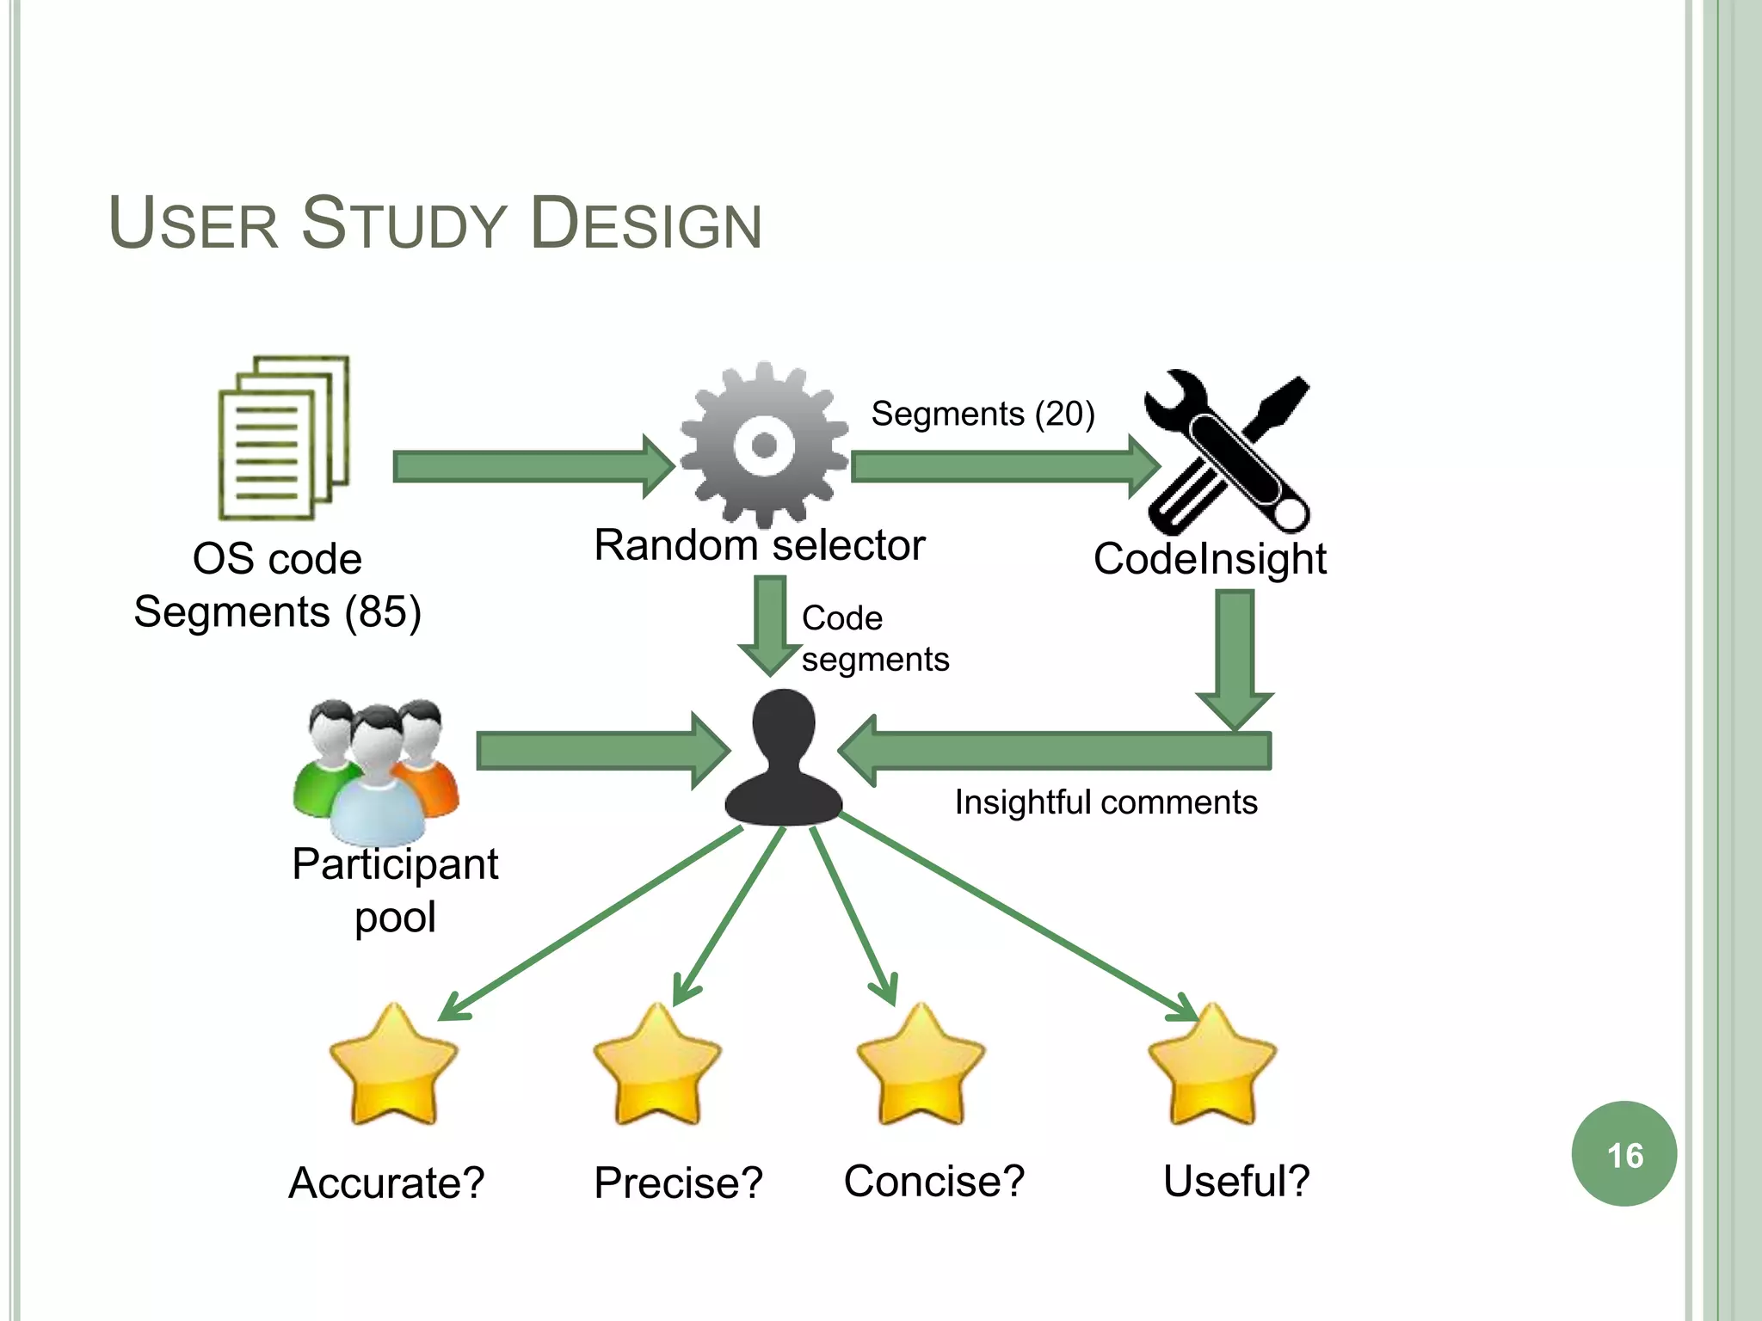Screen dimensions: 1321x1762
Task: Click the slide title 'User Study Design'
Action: tap(435, 224)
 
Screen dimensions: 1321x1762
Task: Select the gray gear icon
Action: tap(763, 445)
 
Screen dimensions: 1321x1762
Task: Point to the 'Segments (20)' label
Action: tap(983, 414)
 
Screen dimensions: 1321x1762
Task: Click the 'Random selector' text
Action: tap(759, 545)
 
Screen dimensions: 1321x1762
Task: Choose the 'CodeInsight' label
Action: tap(1209, 559)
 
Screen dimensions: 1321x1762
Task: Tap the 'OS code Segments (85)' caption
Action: tap(277, 586)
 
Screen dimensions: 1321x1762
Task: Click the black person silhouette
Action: tap(783, 759)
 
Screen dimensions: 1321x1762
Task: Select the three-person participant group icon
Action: tap(376, 770)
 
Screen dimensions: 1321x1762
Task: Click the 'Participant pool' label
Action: tap(395, 890)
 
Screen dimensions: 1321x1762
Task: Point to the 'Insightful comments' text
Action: tap(1106, 802)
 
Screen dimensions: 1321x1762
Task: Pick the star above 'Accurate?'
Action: tap(393, 1066)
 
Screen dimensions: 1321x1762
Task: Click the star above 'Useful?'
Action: tap(1211, 1066)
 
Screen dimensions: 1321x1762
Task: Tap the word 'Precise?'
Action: tap(678, 1183)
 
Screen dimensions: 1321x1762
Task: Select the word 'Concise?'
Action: tap(934, 1181)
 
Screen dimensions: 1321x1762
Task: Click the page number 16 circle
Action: tap(1623, 1154)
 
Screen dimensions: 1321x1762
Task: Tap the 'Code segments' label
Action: tap(874, 639)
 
